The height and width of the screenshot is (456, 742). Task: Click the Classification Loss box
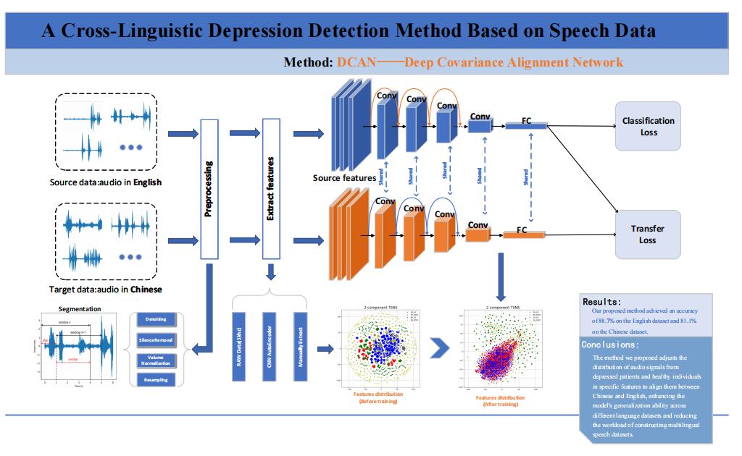(x=648, y=127)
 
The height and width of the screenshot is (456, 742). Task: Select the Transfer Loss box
(x=648, y=234)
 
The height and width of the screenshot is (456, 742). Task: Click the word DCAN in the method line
(x=357, y=62)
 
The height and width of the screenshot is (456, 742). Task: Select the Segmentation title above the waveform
(x=80, y=309)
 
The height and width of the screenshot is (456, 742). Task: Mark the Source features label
(x=344, y=177)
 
